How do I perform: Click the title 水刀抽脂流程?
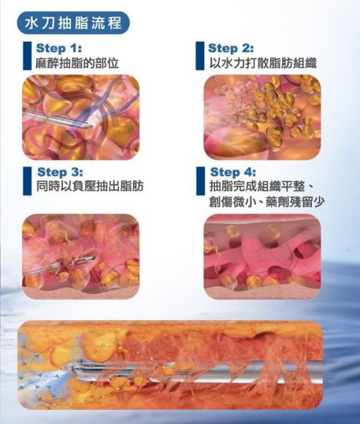[x=73, y=23]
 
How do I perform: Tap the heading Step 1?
[x=59, y=48]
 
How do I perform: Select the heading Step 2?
[x=231, y=48]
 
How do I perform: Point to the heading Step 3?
[x=60, y=172]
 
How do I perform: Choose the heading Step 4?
[x=233, y=172]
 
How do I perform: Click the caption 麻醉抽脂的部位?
[x=77, y=64]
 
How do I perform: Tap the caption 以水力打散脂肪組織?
[x=262, y=64]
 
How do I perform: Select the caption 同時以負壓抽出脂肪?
[x=90, y=187]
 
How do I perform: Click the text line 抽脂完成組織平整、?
[x=262, y=187]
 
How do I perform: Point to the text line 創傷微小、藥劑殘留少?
[x=267, y=201]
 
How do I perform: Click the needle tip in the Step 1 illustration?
[x=93, y=126]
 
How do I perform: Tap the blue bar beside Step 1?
[x=27, y=56]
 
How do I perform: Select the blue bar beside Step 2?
[x=199, y=56]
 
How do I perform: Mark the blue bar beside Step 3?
[x=28, y=181]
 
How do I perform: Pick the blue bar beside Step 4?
[x=201, y=181]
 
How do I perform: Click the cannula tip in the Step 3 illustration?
[x=93, y=258]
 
